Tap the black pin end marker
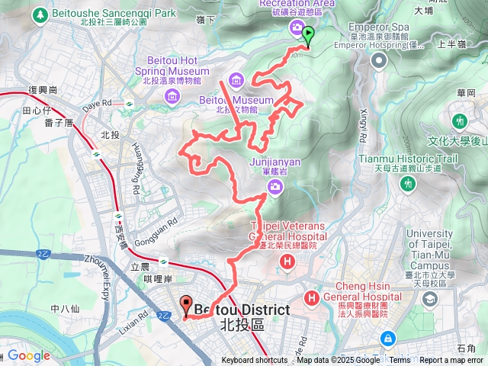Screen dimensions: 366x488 tap(186, 307)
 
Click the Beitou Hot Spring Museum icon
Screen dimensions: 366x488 tap(172, 95)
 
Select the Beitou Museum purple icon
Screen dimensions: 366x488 tap(236, 80)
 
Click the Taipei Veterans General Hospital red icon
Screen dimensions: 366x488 tap(287, 263)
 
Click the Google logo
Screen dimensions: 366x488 tap(29, 356)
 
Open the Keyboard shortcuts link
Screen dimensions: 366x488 tap(255, 361)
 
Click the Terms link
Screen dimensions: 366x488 tap(399, 361)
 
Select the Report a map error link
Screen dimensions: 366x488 tap(451, 361)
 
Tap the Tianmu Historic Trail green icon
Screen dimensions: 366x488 tap(460, 122)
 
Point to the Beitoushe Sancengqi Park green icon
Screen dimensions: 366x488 tap(40, 14)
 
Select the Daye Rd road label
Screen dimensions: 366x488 tap(97, 104)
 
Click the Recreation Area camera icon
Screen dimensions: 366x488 tap(296, 28)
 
